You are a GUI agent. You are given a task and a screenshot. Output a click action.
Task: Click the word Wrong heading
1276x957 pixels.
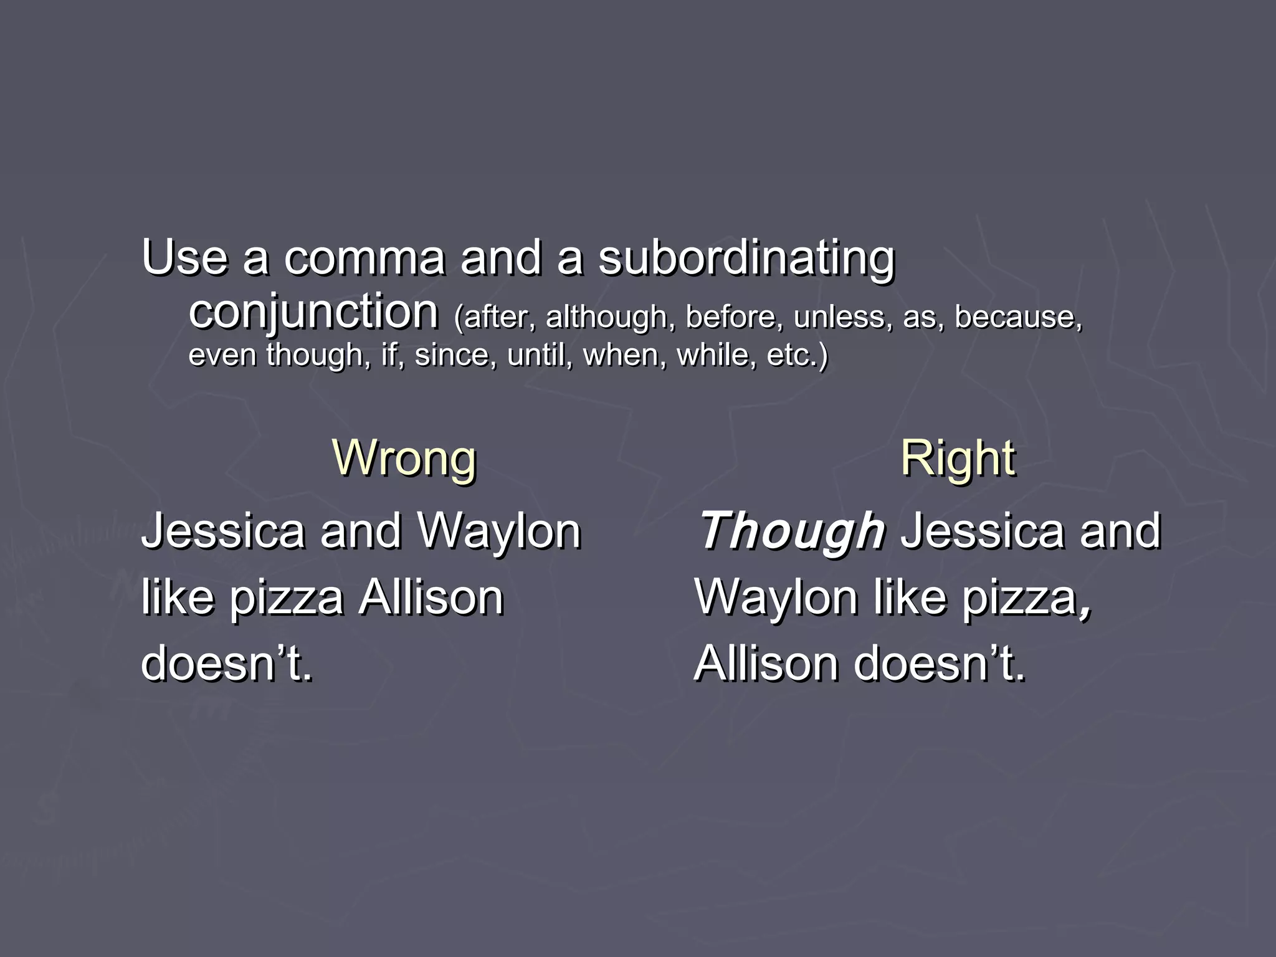[404, 459]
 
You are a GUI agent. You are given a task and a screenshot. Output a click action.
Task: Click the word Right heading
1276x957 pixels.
[958, 459]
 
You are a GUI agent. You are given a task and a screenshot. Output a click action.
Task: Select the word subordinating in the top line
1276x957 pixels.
[746, 259]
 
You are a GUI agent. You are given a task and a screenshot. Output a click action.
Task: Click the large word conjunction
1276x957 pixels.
[313, 312]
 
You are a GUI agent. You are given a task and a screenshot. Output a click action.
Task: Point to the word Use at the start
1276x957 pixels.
[184, 257]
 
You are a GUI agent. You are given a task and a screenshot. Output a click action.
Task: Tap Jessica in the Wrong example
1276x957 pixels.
[223, 531]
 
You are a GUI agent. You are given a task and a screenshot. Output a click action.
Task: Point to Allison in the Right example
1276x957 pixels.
[766, 664]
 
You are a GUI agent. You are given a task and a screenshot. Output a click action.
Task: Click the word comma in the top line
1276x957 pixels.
[364, 259]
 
